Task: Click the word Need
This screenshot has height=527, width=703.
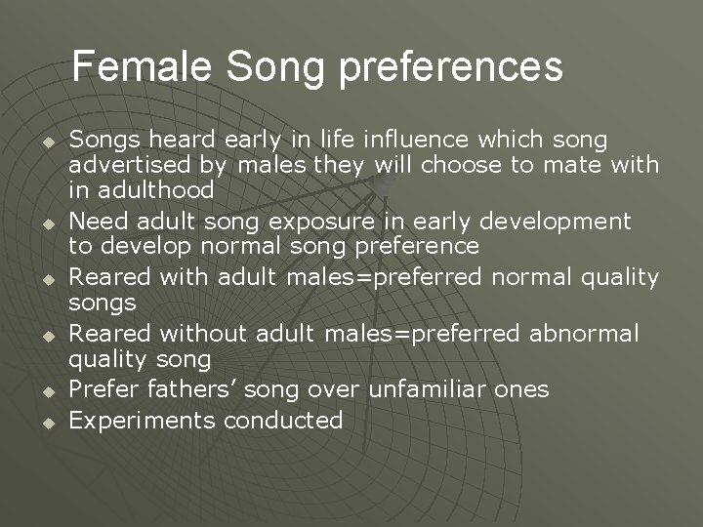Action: (99, 222)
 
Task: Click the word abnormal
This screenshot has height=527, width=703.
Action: (584, 335)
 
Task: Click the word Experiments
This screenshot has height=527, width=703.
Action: (143, 421)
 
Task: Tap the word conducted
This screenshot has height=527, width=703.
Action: (283, 421)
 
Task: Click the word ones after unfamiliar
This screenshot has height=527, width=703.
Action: (522, 390)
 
